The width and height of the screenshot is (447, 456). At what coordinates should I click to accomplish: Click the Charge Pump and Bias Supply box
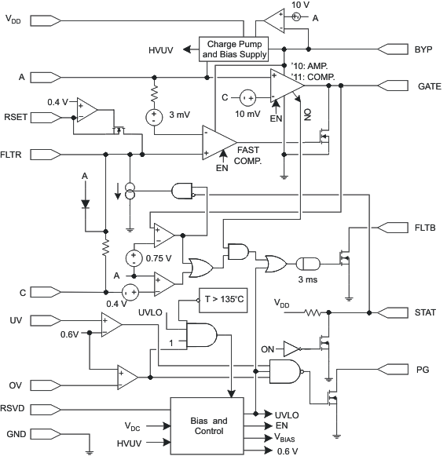pyautogui.click(x=234, y=49)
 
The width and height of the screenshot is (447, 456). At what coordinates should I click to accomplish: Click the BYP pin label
pyautogui.click(x=423, y=49)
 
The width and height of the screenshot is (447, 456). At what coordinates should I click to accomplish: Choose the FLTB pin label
pyautogui.click(x=427, y=227)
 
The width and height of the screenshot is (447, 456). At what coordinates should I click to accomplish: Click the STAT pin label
pyautogui.click(x=427, y=312)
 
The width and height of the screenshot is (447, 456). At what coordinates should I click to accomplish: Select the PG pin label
pyautogui.click(x=423, y=367)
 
